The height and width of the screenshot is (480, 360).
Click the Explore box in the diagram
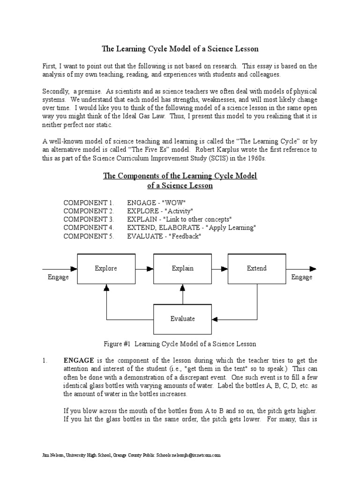coord(105,269)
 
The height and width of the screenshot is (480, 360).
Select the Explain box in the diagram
coord(182,269)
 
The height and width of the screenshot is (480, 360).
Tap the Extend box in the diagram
coord(256,269)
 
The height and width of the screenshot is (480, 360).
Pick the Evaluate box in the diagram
coord(182,319)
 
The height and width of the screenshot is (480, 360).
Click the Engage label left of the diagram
coord(58,277)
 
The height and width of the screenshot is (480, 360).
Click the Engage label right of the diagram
coord(301,277)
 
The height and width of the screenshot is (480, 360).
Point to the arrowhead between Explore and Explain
coord(150,269)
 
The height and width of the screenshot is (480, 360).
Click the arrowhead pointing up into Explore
coord(106,288)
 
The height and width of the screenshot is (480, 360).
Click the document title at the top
coord(180,49)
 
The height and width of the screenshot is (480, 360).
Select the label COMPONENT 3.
coord(89,219)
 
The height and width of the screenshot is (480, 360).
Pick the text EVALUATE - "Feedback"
coord(164,236)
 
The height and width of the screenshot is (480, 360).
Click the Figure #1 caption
coord(180,344)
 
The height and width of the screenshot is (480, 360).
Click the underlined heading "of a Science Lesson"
coord(180,186)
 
